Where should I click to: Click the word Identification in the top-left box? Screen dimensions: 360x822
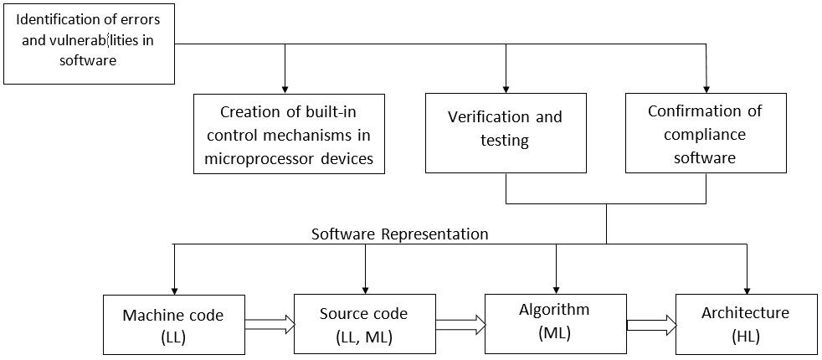tap(54, 19)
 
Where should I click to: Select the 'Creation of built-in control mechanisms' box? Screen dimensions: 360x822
tap(289, 134)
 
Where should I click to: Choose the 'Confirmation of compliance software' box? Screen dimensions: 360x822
tap(706, 134)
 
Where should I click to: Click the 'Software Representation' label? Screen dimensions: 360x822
tap(399, 234)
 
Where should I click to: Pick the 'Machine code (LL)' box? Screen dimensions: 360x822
tap(173, 324)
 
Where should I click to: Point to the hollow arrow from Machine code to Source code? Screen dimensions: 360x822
tap(270, 324)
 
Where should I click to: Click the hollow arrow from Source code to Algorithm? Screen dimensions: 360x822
tap(460, 324)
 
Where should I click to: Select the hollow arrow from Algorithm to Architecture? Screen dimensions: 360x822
tap(651, 324)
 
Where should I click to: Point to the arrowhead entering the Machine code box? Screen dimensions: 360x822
tap(174, 289)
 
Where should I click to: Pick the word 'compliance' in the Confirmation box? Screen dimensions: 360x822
tap(706, 134)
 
